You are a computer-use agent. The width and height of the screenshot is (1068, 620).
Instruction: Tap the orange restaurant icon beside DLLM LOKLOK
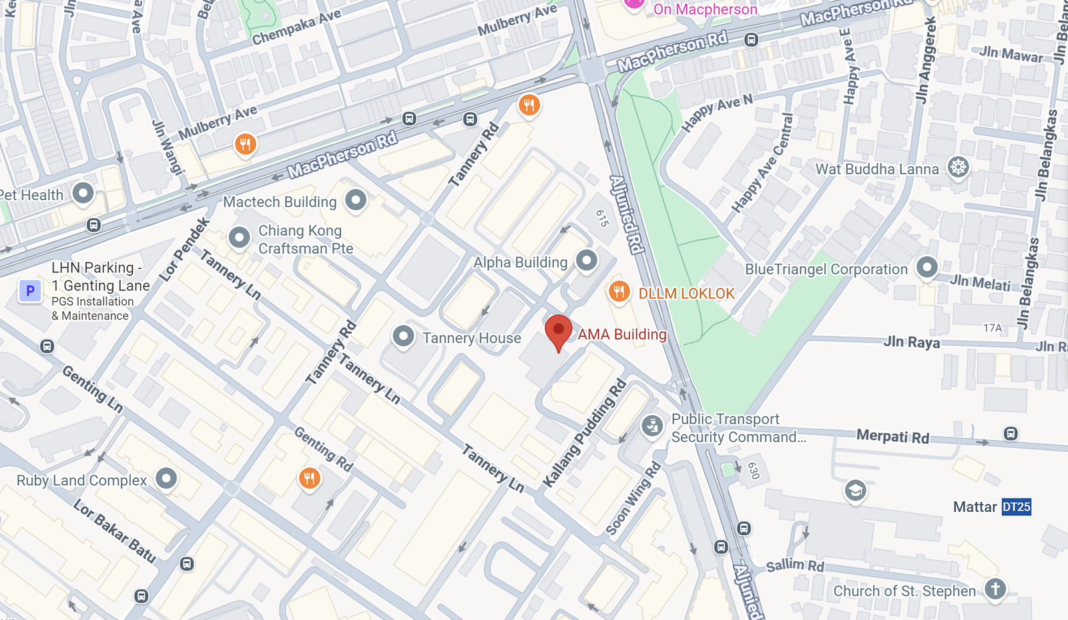[x=619, y=292]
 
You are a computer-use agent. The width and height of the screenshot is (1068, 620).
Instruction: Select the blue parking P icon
[x=30, y=291]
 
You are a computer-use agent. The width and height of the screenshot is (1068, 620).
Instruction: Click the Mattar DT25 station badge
[x=1016, y=507]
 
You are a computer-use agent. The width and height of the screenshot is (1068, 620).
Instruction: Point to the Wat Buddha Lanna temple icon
[x=958, y=167]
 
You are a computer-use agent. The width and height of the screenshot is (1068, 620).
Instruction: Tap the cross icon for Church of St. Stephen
[x=995, y=589]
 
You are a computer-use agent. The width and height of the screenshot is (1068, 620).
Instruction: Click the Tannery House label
[x=471, y=338]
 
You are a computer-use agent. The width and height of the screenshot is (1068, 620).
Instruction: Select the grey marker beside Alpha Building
[x=587, y=260]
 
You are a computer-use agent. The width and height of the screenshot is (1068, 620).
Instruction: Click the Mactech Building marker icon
[x=356, y=199]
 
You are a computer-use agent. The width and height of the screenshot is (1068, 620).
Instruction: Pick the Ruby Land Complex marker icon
[x=166, y=478]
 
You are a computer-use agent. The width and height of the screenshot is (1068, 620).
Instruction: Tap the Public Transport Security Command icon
[x=652, y=425]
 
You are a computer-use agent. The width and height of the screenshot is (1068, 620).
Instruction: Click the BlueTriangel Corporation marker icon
[x=926, y=267]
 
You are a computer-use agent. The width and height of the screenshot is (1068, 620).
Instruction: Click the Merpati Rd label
[x=892, y=436]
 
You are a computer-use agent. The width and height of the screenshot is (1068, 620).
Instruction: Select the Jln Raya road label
[x=911, y=342]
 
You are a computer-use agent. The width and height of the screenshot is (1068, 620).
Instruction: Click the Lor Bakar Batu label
[x=114, y=531]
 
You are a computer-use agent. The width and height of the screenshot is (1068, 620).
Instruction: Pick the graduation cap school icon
[x=855, y=491]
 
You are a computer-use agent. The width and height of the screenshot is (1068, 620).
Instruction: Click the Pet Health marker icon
[x=83, y=193]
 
